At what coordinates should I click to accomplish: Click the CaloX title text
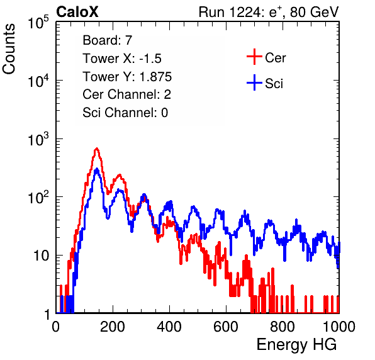coord(77,12)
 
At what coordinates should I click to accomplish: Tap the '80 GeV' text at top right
coord(314,12)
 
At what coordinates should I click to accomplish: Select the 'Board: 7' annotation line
coord(107,40)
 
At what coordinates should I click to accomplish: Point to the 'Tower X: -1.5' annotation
coord(122,59)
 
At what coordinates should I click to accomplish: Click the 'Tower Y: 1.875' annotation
coord(127,77)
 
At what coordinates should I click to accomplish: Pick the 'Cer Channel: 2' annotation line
coord(126,94)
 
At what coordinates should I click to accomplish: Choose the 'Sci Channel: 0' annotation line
coord(125,113)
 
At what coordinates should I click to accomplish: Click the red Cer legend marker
coord(254,57)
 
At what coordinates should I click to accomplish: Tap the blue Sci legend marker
coord(254,83)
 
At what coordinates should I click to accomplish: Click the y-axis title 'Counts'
coord(9,49)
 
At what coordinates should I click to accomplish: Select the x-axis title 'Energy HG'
coord(296,345)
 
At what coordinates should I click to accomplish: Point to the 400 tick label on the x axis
coord(169,327)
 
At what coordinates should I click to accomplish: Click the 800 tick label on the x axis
coord(283,327)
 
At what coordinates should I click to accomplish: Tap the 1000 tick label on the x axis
coord(339,327)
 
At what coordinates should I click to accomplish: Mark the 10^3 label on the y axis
coord(38,139)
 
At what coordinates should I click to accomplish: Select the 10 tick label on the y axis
coord(42,256)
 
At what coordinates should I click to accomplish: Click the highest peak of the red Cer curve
coord(96,149)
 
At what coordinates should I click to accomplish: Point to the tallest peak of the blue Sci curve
coord(96,169)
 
